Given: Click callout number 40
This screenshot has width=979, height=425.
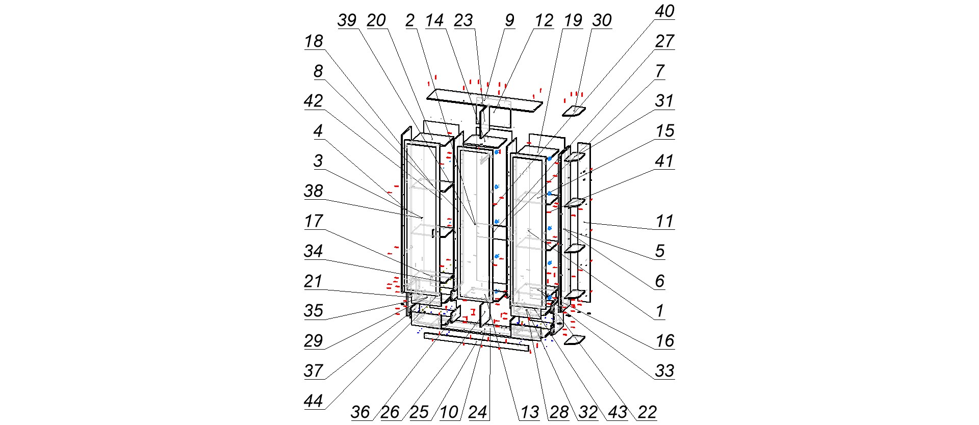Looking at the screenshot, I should tap(664, 12).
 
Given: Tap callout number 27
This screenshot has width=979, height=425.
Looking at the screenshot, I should tap(664, 41).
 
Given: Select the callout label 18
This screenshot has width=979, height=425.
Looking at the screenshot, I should tap(314, 41).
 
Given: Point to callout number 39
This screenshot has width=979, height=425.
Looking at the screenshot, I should tap(347, 21).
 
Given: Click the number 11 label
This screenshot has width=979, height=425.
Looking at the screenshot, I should tap(664, 221).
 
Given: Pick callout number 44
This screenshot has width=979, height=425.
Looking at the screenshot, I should tap(314, 401).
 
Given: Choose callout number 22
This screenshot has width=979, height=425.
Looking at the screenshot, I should tap(648, 412).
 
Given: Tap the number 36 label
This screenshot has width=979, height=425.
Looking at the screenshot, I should tap(360, 412).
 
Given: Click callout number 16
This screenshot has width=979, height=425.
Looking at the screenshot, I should tap(664, 341).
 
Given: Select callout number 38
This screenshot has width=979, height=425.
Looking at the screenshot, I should tap(314, 191).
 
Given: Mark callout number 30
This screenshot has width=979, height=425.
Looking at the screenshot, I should tap(602, 21).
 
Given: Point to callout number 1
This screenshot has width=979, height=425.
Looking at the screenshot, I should tap(660, 310).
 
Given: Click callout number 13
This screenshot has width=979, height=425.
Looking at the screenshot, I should tap(530, 412).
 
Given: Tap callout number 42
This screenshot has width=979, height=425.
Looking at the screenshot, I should tap(314, 101).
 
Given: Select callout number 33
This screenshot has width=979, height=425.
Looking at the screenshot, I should tap(664, 371).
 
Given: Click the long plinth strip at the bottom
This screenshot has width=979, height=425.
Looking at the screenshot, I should tap(477, 342).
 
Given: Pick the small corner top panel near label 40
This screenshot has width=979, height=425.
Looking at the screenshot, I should tap(574, 111).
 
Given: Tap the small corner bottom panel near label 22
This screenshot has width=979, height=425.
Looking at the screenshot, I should tap(574, 340).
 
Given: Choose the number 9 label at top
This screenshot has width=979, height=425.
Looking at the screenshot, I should tap(509, 21).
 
